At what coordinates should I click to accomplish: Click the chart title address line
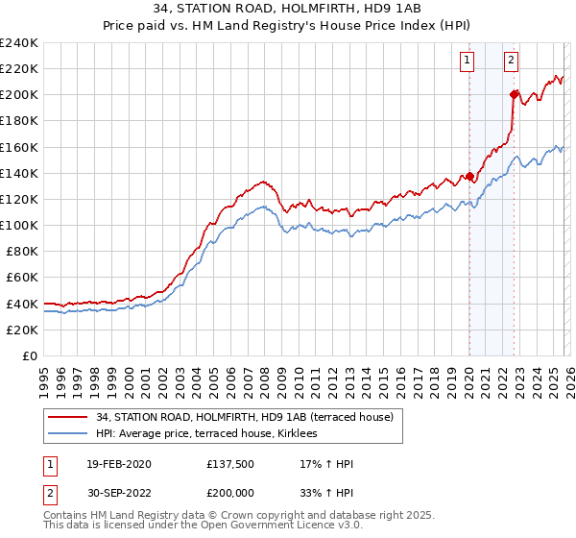pyautogui.click(x=288, y=10)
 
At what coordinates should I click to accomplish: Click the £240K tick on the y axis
pyautogui.click(x=19, y=42)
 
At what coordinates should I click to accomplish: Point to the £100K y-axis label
pyautogui.click(x=19, y=225)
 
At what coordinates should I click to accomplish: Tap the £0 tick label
pyautogui.click(x=29, y=355)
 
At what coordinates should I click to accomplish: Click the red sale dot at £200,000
pyautogui.click(x=514, y=94)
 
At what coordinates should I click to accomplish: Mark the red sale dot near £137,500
pyautogui.click(x=469, y=176)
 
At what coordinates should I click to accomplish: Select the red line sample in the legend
pyautogui.click(x=67, y=417)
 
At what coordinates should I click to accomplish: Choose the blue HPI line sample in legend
pyautogui.click(x=67, y=434)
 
